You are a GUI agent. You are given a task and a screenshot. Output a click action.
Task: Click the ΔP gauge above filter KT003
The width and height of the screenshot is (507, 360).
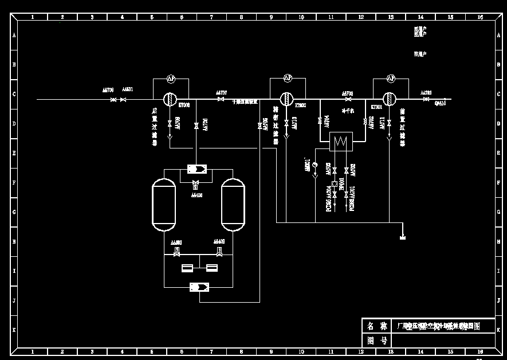point(170,78)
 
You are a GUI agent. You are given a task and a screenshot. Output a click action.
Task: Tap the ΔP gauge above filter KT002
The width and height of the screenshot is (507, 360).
point(288,78)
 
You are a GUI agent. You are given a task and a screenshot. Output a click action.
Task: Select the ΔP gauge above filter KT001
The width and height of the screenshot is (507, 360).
point(391,78)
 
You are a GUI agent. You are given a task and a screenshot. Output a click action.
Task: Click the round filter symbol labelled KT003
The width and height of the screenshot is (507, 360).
point(170,99)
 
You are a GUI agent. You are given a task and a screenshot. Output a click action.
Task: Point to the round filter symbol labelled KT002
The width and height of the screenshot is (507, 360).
point(286,99)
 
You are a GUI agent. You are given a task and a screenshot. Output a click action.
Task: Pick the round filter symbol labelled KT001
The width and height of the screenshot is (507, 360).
point(390,99)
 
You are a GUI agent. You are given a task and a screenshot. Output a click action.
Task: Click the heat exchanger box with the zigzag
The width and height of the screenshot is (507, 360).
point(342,141)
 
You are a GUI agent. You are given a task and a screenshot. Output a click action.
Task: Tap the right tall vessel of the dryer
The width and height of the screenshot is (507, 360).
point(233,204)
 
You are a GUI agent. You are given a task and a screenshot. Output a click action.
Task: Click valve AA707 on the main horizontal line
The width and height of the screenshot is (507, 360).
point(221,99)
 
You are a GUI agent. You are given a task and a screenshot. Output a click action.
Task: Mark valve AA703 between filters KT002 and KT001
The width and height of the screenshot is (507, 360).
point(348,99)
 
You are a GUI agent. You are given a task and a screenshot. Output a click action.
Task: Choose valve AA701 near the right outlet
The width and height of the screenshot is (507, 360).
point(426,99)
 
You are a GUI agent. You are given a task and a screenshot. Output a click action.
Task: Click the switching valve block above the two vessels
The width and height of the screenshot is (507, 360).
point(198,169)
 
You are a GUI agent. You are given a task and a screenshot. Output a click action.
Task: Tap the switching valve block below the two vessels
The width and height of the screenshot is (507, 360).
point(198,287)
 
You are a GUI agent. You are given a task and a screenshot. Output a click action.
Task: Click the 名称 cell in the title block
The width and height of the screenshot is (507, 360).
point(377,326)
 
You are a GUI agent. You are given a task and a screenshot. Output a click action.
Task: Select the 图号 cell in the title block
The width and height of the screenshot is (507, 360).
point(377,341)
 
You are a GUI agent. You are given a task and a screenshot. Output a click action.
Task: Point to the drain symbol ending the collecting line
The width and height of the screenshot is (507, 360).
point(403,237)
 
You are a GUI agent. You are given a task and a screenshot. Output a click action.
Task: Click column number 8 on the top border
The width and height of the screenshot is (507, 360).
point(241,17)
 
